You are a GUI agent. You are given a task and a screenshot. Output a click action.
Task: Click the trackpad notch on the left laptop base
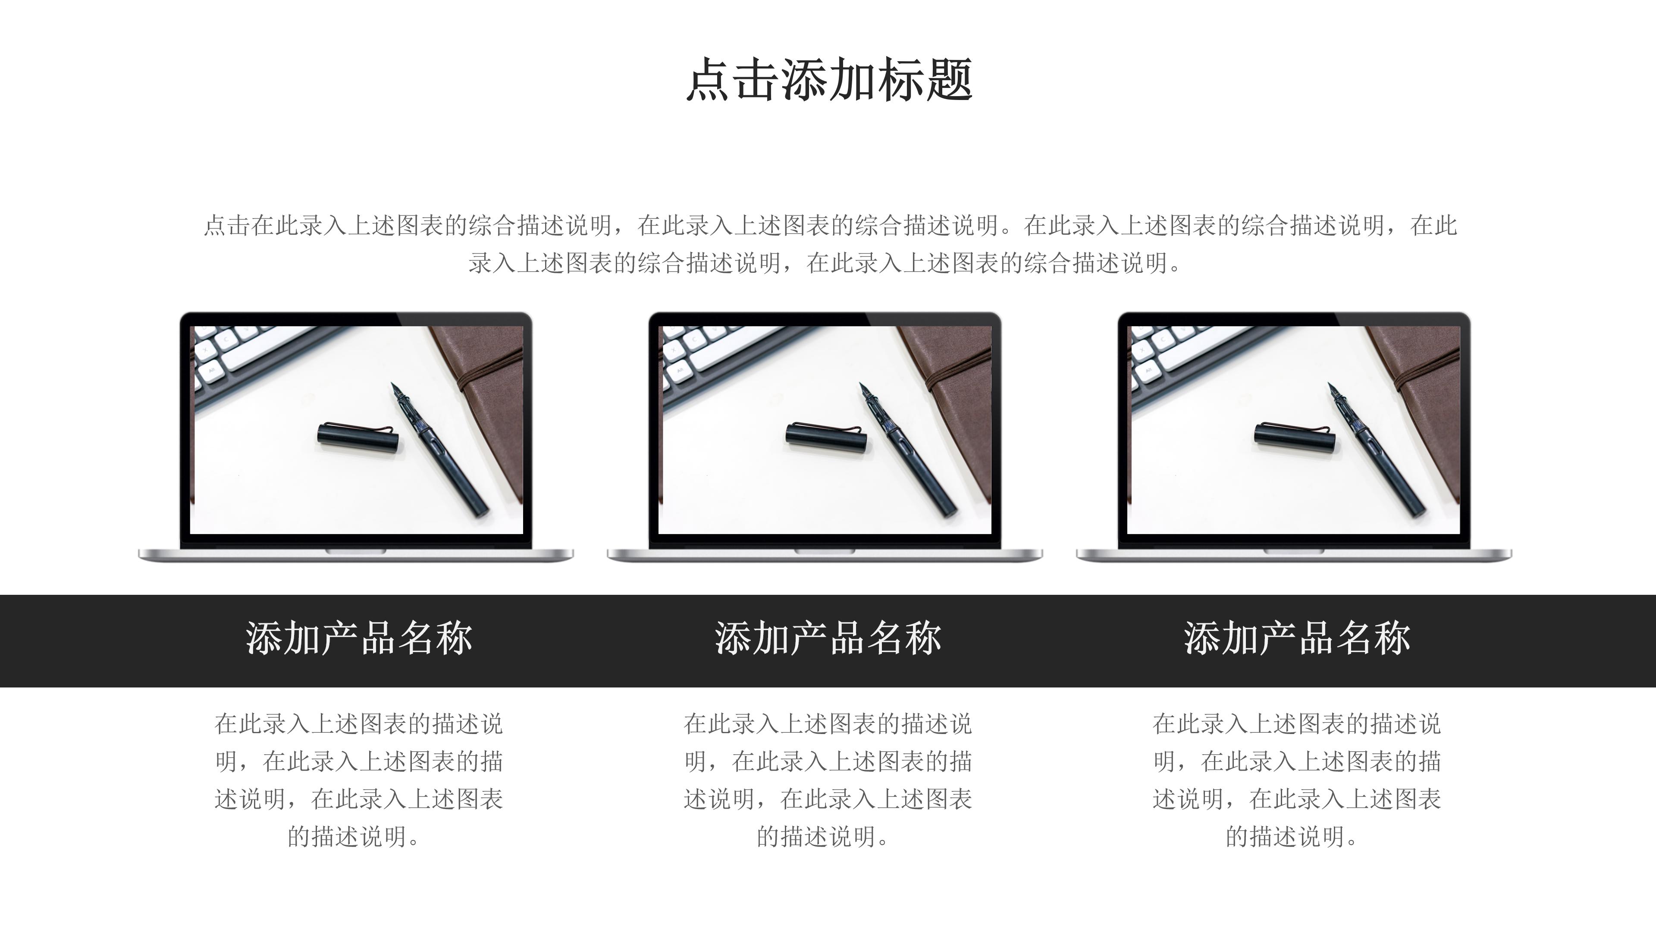[355, 552]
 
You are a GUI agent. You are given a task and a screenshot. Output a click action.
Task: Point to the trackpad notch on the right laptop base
[1293, 552]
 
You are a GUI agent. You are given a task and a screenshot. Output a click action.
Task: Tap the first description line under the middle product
[828, 724]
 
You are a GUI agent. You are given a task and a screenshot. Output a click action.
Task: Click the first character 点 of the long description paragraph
[214, 225]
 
